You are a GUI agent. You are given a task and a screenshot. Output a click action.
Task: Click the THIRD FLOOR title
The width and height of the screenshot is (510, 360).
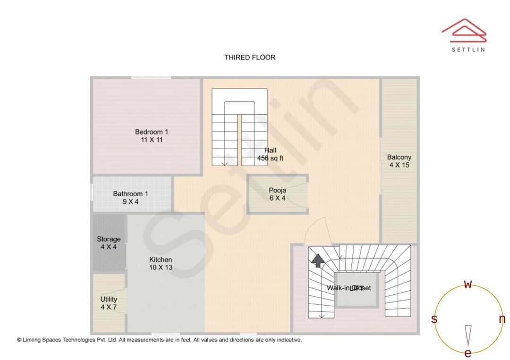click(250, 58)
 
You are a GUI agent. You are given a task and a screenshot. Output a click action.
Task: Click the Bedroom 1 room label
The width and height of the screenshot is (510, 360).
click(152, 136)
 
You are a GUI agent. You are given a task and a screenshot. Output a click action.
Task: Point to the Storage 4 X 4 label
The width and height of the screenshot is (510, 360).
click(109, 243)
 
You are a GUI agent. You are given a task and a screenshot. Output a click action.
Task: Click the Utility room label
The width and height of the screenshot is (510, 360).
click(109, 303)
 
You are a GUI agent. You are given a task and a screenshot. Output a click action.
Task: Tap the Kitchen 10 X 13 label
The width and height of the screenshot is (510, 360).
click(161, 263)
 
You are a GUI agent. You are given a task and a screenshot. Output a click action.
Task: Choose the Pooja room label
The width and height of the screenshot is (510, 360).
click(277, 194)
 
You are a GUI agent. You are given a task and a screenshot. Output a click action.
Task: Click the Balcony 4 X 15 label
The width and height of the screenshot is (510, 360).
click(399, 161)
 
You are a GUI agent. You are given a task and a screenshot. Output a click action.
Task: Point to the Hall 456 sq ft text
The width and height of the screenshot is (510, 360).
click(270, 154)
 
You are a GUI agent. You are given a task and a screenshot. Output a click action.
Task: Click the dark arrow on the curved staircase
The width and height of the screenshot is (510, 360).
click(318, 260)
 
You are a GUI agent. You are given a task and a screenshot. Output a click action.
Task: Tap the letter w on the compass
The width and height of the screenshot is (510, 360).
click(468, 285)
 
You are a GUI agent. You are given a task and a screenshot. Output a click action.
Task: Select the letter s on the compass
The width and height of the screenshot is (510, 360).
click(434, 319)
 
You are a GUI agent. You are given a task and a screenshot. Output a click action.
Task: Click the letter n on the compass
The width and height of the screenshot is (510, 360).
click(502, 319)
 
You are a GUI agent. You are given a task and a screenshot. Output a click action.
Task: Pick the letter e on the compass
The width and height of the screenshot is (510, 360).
click(468, 353)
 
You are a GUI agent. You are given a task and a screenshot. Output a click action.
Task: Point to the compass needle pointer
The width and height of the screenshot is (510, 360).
click(468, 334)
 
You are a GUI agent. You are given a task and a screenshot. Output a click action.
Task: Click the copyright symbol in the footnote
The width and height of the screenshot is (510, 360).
click(19, 340)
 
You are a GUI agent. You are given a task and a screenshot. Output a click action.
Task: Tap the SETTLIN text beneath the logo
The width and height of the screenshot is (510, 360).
click(468, 49)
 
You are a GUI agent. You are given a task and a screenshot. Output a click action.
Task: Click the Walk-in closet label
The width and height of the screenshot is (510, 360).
click(349, 288)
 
